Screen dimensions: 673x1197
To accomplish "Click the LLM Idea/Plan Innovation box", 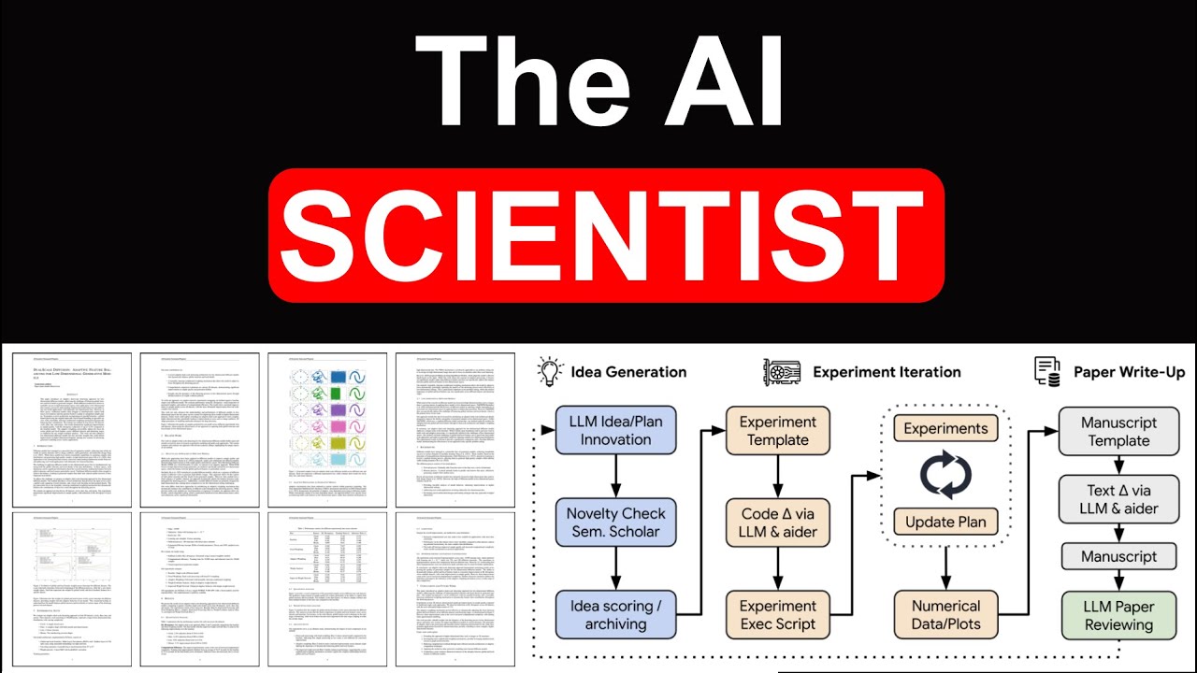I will coord(615,430).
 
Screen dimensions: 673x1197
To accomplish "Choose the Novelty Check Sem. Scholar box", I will coord(615,522).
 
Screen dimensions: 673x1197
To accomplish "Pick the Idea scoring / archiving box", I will coord(615,614).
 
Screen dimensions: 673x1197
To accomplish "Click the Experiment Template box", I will coord(778,430).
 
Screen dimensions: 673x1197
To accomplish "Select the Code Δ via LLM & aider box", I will coord(778,522).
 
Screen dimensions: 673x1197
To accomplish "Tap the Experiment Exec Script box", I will coord(778,614).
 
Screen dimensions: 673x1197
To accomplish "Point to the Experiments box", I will coord(945,428).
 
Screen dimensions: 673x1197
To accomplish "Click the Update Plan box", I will coord(945,521).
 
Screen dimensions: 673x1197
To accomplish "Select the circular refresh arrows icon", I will coord(945,474).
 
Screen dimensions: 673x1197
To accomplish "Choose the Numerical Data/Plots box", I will coord(945,614).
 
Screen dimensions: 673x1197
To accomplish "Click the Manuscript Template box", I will coord(1118,430).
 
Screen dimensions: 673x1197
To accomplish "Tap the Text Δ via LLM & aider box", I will coord(1118,499).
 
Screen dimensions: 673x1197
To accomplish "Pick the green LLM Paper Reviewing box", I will coord(1118,614).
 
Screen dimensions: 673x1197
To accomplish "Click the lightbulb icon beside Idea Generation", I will coord(551,371).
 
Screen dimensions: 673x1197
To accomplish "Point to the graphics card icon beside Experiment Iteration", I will coord(782,371).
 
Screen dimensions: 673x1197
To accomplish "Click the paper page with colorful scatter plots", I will coord(327,429).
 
